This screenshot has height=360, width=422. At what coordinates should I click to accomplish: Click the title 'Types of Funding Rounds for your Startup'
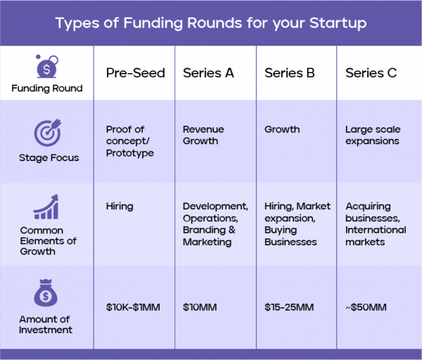click(210, 23)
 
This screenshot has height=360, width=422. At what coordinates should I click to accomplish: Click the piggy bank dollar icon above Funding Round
click(46, 67)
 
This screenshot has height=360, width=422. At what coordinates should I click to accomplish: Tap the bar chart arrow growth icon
click(48, 207)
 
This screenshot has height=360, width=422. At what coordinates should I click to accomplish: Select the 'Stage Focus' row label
click(49, 158)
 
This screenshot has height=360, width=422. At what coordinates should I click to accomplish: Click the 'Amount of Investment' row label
click(46, 325)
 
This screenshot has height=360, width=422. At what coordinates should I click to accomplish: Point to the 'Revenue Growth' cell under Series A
click(201, 135)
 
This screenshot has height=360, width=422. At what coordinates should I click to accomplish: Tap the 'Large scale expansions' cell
click(372, 135)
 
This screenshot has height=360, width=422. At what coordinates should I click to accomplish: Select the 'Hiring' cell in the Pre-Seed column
click(120, 207)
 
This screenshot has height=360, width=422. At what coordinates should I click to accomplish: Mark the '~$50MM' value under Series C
click(366, 308)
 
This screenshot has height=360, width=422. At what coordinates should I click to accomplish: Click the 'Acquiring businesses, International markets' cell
click(376, 224)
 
